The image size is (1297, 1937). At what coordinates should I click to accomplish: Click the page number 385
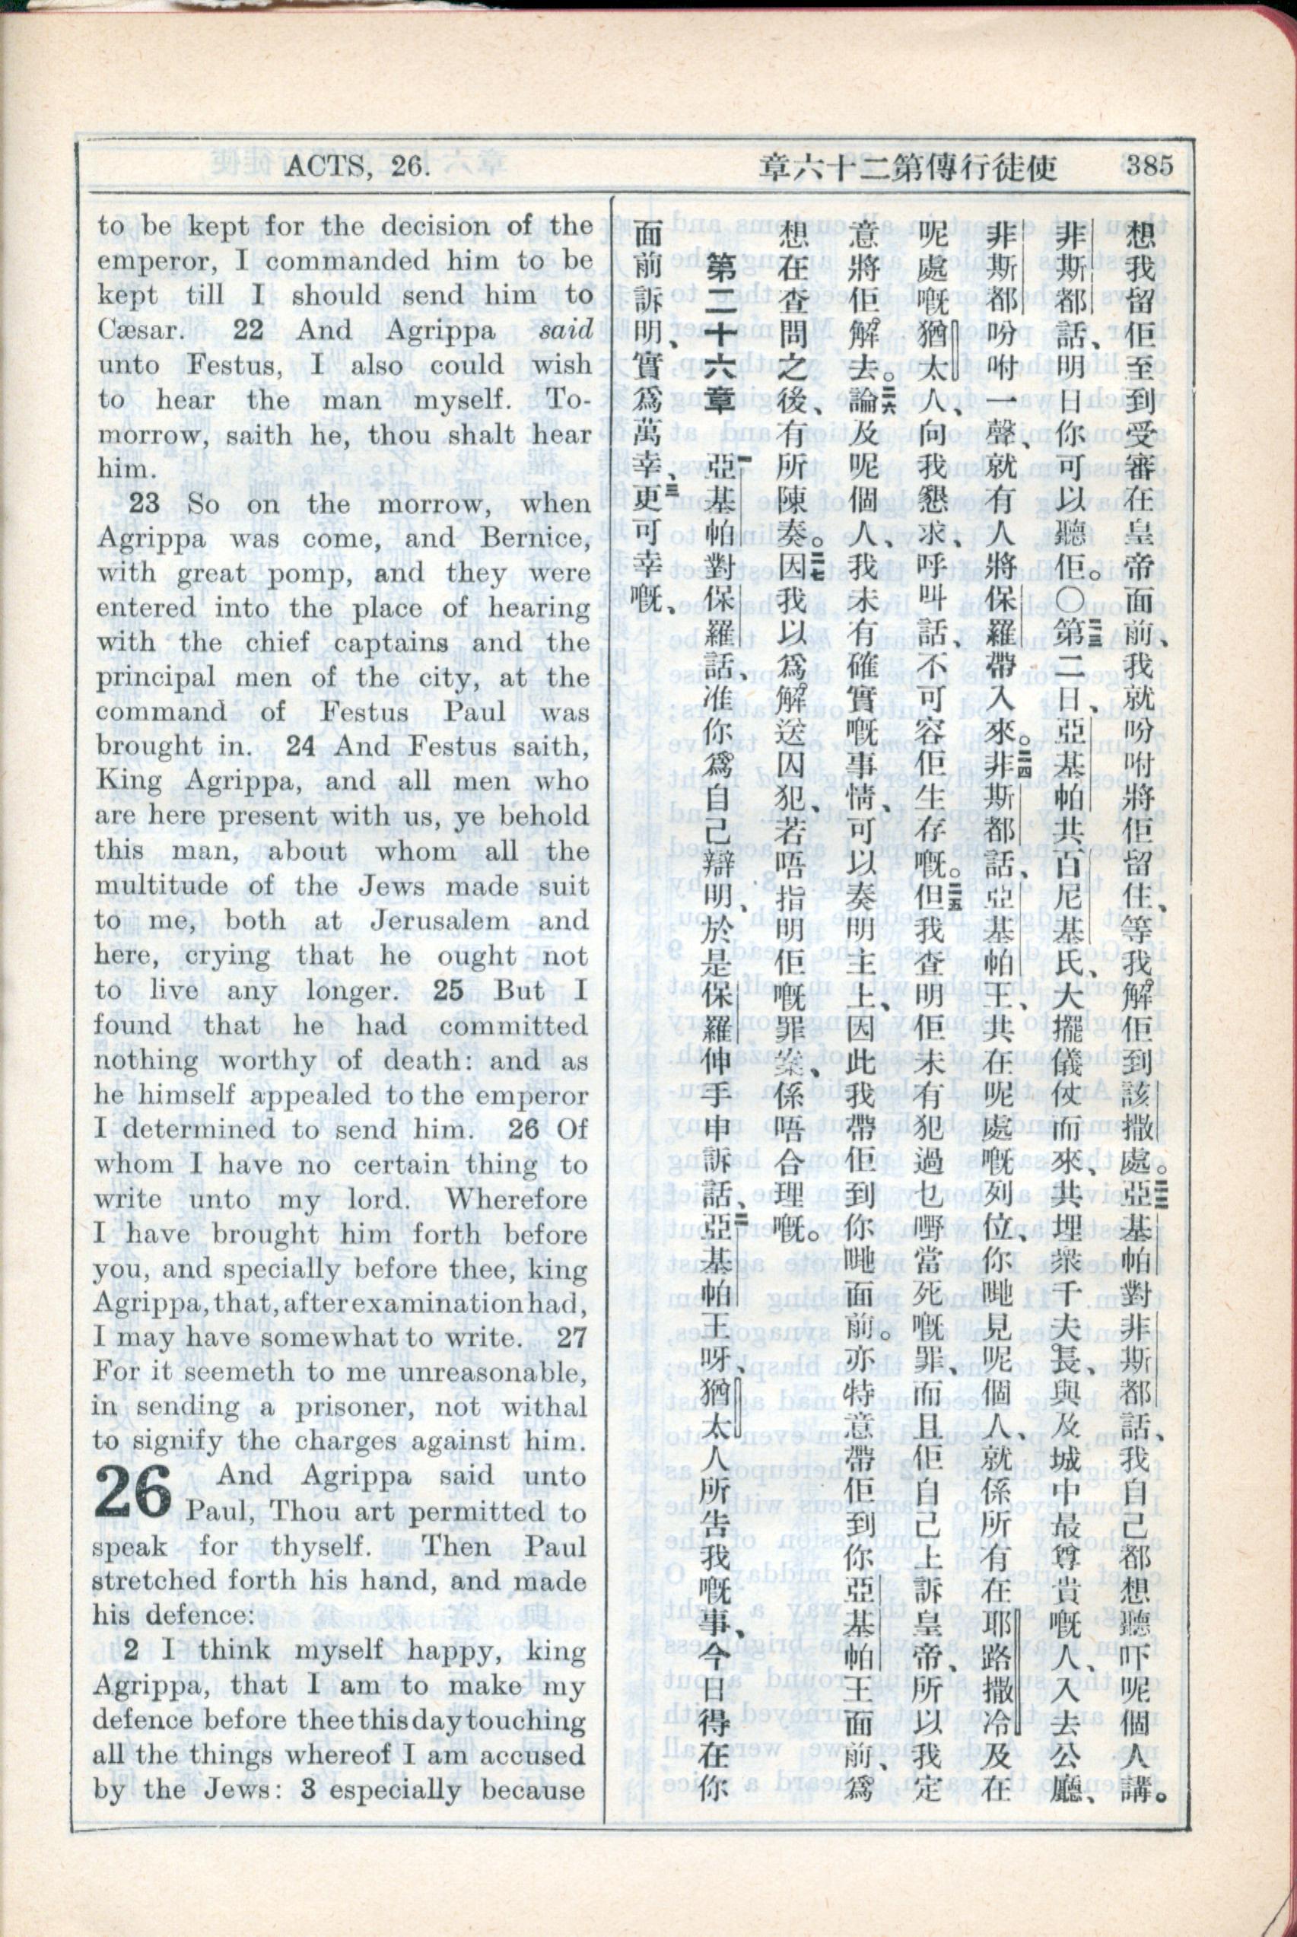1148,164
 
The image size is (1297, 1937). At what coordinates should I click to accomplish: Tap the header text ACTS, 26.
357,167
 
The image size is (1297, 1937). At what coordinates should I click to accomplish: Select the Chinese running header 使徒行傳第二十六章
908,168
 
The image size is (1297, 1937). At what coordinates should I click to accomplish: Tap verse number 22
247,330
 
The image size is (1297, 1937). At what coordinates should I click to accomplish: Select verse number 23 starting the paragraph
143,503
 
